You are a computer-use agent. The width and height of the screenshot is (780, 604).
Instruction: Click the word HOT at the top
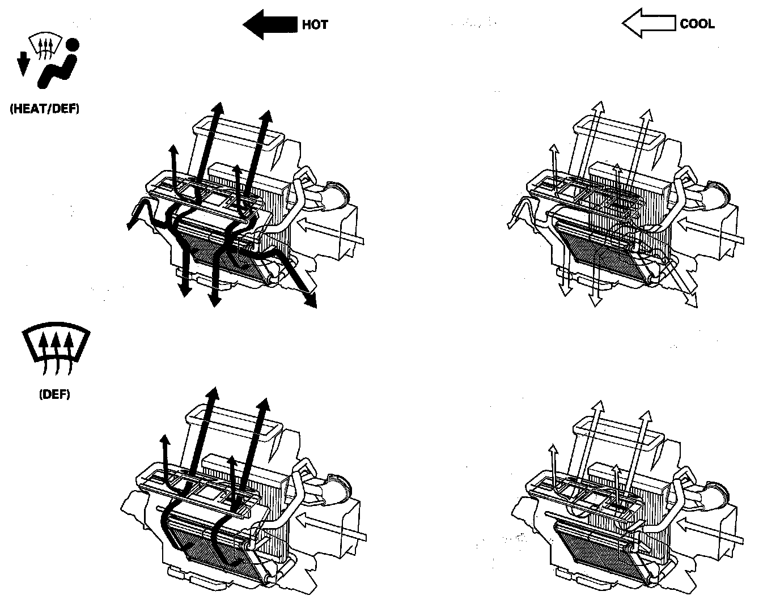click(x=315, y=25)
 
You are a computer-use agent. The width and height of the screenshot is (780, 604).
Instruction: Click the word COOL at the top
click(x=697, y=24)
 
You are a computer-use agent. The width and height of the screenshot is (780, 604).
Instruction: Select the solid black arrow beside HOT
click(x=270, y=24)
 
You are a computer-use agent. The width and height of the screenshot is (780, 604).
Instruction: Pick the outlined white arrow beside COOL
click(x=648, y=24)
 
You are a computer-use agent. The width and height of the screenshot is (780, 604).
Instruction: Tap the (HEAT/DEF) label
click(x=44, y=109)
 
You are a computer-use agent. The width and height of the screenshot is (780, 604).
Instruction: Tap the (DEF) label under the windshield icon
click(x=54, y=394)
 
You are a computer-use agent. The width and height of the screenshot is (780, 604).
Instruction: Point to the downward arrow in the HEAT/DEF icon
click(x=23, y=63)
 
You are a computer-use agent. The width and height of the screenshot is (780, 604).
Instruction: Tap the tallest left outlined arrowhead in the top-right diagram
click(x=597, y=107)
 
